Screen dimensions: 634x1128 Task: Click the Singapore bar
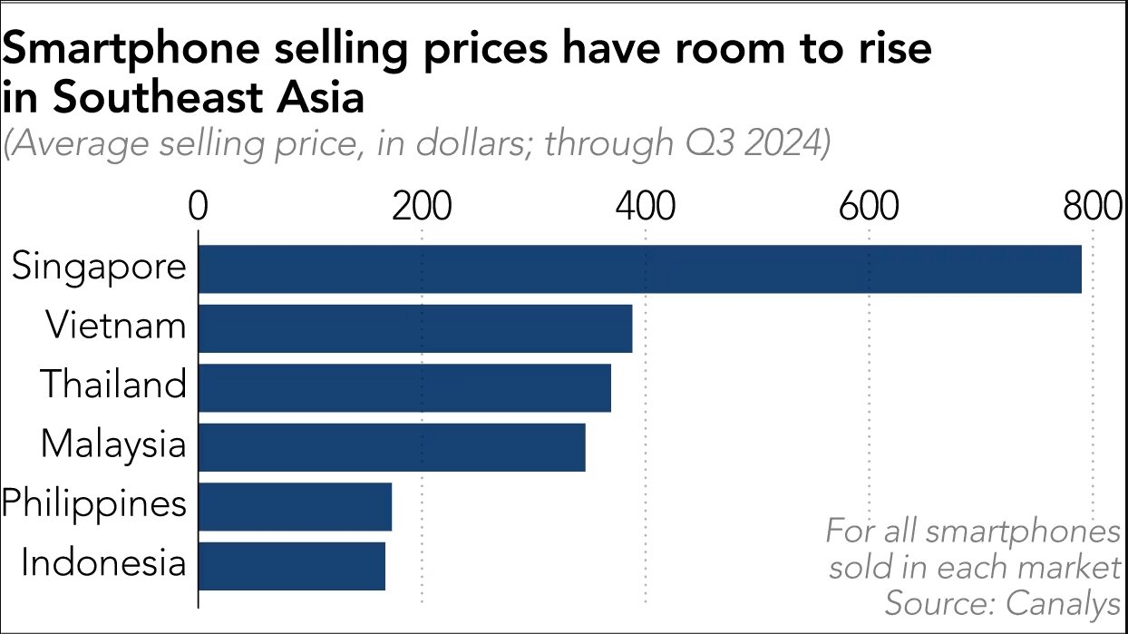point(639,268)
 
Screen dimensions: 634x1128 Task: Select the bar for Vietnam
point(414,328)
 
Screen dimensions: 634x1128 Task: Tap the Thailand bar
point(404,387)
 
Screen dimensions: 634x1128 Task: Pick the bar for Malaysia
point(391,447)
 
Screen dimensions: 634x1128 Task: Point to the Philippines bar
point(295,506)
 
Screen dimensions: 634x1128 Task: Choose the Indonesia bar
point(291,566)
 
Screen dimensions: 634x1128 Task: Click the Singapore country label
point(99,268)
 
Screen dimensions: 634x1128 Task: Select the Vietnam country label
point(116,327)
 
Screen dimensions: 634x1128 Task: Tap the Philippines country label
point(94,504)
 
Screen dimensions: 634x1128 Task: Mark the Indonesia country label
point(103,564)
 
